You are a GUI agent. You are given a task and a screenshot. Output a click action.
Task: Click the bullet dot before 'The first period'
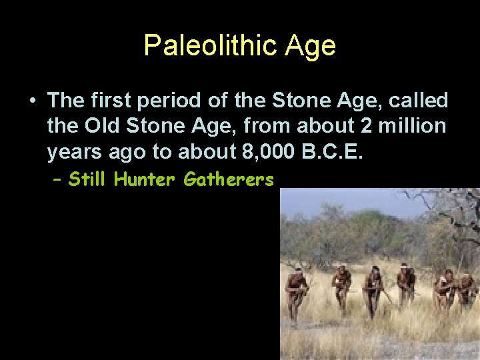coord(32,101)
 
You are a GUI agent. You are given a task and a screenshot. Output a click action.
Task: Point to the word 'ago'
coord(127,152)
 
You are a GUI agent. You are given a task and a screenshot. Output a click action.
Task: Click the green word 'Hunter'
coord(146,179)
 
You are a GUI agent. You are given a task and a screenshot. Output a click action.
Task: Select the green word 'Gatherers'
coord(229,179)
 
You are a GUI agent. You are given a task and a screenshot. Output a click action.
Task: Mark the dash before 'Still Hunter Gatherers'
coord(58,179)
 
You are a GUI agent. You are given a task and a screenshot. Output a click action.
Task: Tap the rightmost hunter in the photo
coord(466,291)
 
